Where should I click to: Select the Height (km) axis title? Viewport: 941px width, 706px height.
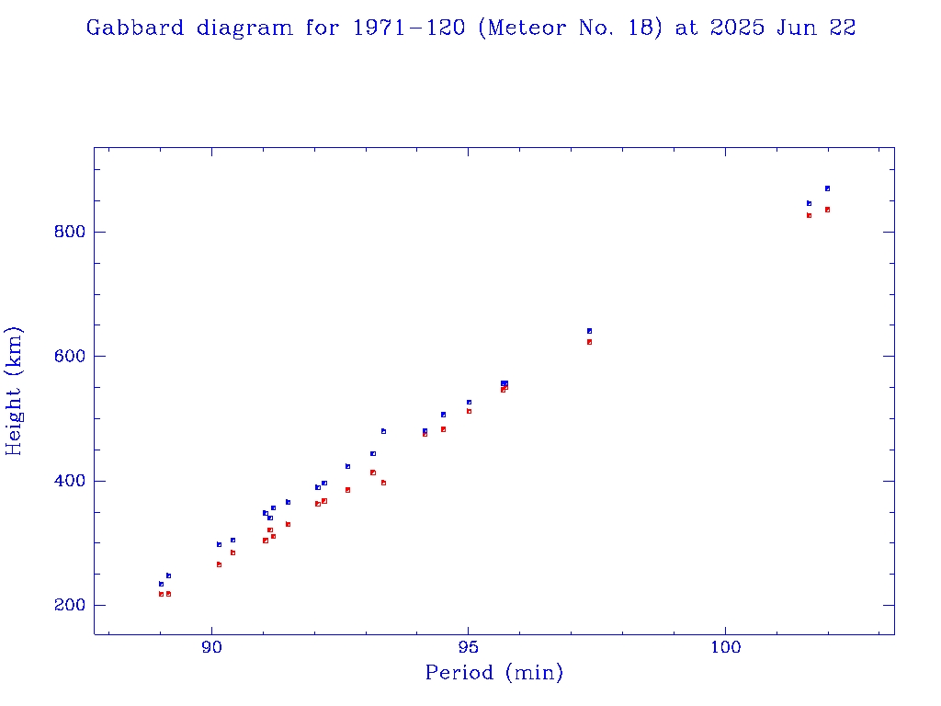(x=14, y=391)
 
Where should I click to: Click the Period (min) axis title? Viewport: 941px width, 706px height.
(x=493, y=673)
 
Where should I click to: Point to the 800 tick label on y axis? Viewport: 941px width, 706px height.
(x=69, y=232)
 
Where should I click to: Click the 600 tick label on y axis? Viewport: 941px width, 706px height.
(x=69, y=357)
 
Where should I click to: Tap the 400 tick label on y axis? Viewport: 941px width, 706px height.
(x=69, y=481)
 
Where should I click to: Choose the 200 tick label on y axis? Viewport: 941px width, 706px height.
(x=69, y=606)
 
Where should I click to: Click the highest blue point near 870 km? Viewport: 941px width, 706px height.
(x=827, y=188)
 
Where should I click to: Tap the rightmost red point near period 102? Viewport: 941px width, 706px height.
(x=827, y=210)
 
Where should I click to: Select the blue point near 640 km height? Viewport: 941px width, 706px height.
(x=589, y=331)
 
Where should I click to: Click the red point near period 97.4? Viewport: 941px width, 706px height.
(x=589, y=342)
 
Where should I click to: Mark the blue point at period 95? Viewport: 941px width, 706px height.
(x=469, y=402)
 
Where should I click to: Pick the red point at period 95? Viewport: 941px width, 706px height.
(x=469, y=411)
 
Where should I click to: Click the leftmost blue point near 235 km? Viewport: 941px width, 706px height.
(x=161, y=584)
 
